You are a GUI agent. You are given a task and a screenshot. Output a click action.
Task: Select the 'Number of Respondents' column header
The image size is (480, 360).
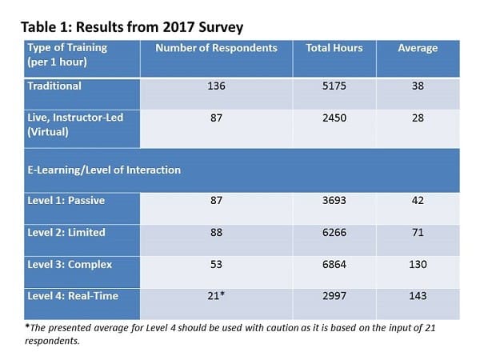pyautogui.click(x=216, y=48)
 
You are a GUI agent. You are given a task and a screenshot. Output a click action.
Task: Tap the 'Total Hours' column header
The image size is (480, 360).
pyautogui.click(x=334, y=48)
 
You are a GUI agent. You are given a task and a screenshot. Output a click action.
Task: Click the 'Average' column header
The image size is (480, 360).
pyautogui.click(x=418, y=48)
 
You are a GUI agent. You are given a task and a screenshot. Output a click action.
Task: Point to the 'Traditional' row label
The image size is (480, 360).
pyautogui.click(x=53, y=86)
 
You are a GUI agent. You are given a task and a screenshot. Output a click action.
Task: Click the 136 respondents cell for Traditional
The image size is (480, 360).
pyautogui.click(x=216, y=86)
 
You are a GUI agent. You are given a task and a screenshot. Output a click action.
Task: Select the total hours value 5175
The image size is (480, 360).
pyautogui.click(x=334, y=86)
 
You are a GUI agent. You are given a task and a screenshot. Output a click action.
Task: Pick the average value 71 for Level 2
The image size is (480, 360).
pyautogui.click(x=418, y=233)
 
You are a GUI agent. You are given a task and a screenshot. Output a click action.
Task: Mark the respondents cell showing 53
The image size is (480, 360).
pyautogui.click(x=216, y=264)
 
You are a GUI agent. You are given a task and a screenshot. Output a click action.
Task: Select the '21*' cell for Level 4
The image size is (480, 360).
pyautogui.click(x=217, y=296)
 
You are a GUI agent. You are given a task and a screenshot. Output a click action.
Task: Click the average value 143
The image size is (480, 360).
pyautogui.click(x=418, y=296)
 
